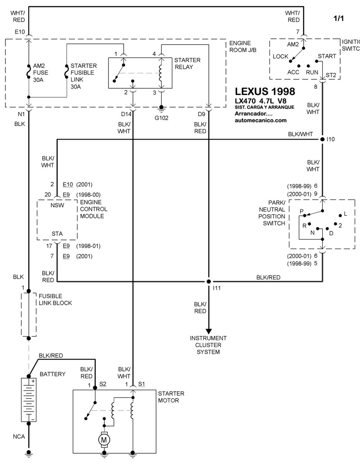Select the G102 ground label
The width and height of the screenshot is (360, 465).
coord(161,118)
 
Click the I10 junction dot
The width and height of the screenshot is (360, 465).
coord(322,140)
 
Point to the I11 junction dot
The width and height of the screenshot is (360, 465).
coord(208,282)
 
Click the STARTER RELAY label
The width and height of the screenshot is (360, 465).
coord(187,63)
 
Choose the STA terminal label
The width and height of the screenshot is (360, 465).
coord(57,233)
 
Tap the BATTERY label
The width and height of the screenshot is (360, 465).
coord(53,374)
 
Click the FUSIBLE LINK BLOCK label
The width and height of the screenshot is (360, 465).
coord(55,300)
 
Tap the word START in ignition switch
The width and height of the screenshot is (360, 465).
coord(327,56)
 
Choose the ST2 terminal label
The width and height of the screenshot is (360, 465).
coord(331,75)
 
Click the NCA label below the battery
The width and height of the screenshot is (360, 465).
coord(18,437)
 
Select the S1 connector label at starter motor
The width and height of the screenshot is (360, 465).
coord(142,384)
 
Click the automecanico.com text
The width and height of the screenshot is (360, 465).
coord(261,121)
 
